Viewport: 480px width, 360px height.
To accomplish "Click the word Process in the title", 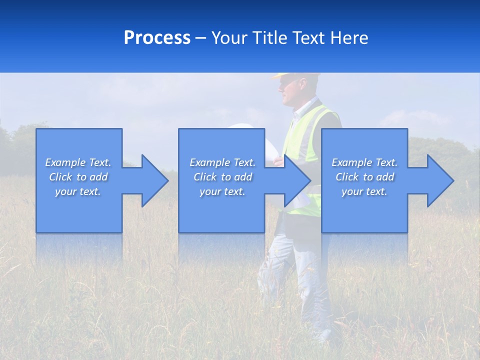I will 157,38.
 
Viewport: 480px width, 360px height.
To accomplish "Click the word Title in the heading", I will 271,38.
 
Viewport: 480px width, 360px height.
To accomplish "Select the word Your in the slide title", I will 230,38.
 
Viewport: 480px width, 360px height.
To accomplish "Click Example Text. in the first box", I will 78,162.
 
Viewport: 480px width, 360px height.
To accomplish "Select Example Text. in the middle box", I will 222,162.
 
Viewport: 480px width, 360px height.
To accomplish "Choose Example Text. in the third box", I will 364,162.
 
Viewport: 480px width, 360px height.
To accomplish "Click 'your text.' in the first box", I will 78,191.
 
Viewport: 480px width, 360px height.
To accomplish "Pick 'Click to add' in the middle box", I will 222,177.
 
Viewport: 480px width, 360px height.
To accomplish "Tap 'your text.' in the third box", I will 364,191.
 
